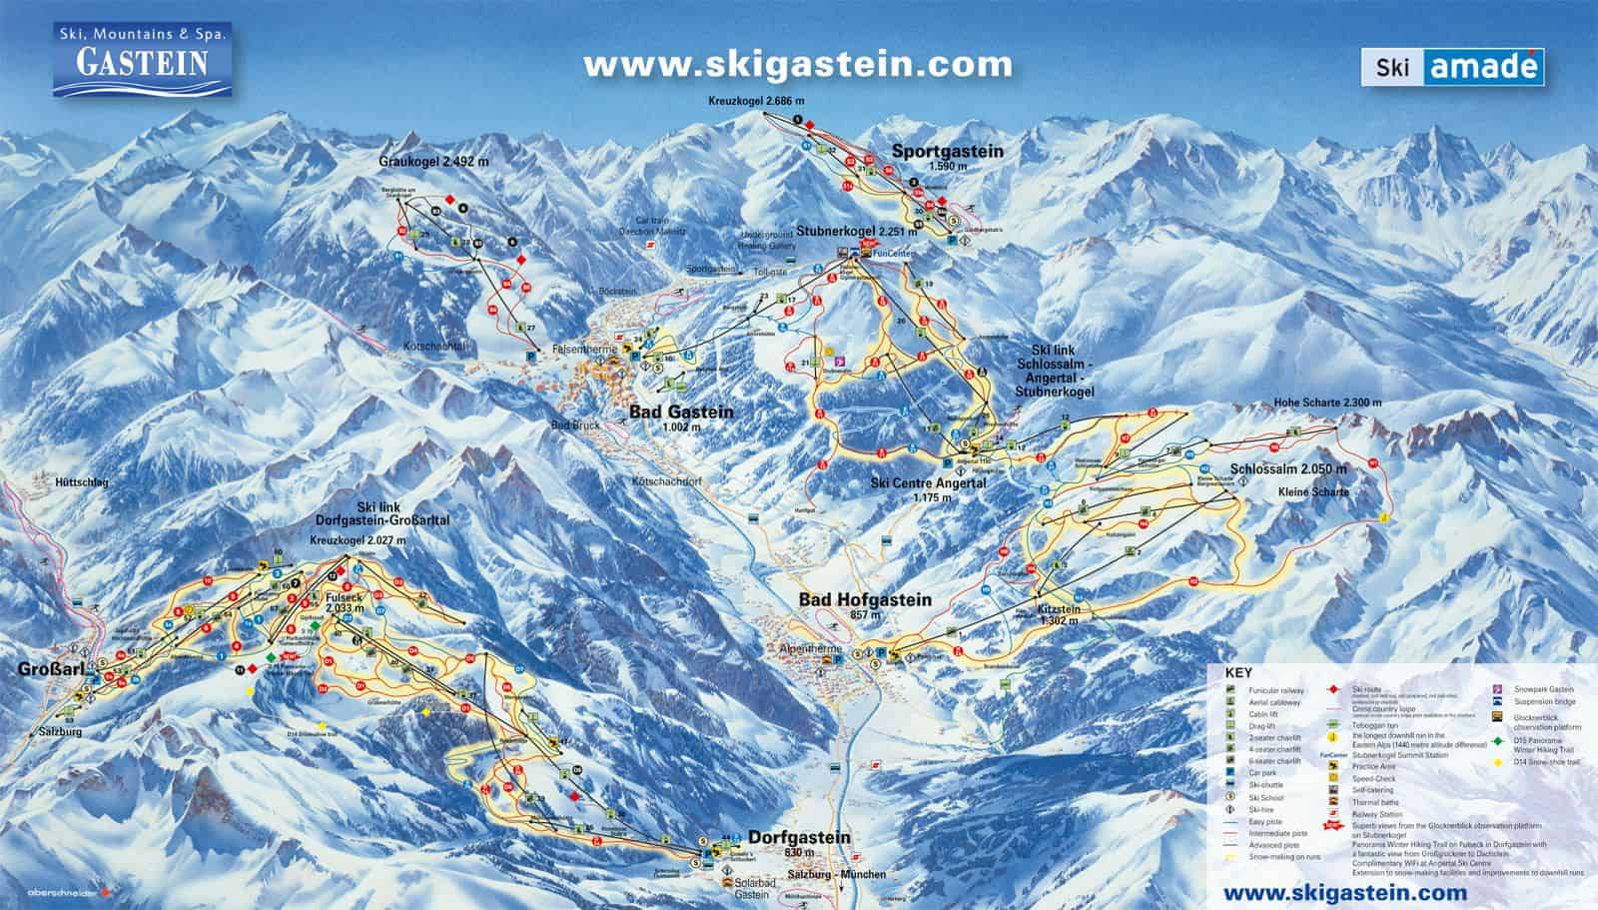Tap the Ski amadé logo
1451,67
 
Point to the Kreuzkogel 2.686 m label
756,102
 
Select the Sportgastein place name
947,152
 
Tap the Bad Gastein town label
680,413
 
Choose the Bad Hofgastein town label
864,600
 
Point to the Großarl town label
42,667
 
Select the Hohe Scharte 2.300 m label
1327,403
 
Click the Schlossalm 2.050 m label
1288,469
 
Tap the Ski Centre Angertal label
928,483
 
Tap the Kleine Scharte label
1313,492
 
